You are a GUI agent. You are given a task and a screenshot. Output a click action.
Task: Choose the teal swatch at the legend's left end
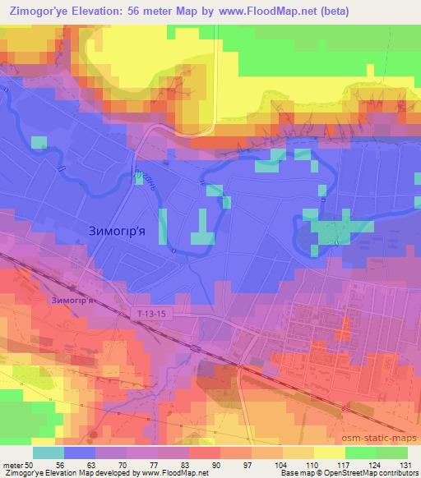point(48,453)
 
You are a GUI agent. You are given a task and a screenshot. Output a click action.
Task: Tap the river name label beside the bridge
point(146,177)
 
